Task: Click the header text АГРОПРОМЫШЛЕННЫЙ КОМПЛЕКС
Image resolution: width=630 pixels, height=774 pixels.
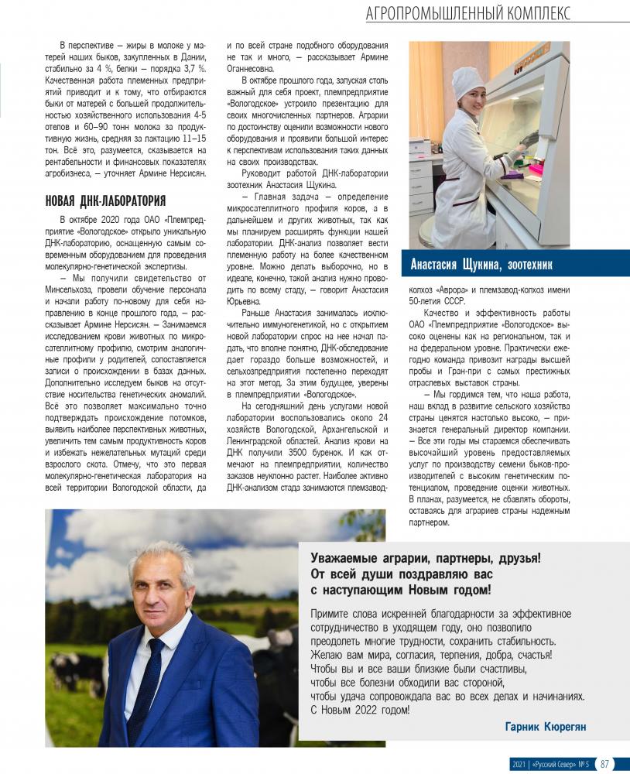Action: click(469, 13)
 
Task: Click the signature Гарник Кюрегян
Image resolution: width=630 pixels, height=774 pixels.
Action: click(546, 728)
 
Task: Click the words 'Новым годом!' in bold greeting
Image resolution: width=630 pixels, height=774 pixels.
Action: click(446, 591)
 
